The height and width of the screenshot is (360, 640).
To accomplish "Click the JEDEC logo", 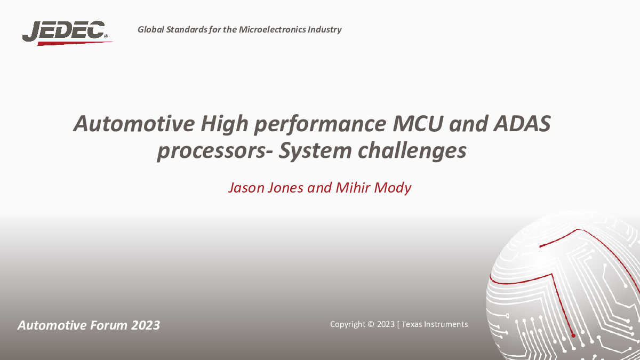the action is pos(67,33).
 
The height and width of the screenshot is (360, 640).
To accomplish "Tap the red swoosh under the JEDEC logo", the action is pos(75,43).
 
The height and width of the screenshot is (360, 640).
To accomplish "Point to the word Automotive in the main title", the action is pos(134,123).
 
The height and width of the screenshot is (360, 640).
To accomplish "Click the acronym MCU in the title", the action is pos(418,123).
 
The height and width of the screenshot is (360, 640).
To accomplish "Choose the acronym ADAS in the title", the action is pos(522,123).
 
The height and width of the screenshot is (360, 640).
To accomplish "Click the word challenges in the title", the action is pos(412,151).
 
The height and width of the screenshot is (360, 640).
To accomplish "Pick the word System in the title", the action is pos(315,151).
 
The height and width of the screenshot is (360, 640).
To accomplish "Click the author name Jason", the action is pos(246,188).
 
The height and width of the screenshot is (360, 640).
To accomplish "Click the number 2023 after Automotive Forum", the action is pos(146,325).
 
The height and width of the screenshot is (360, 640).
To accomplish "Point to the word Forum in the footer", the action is pos(109,325).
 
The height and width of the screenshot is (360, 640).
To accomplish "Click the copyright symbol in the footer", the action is pos(371,324).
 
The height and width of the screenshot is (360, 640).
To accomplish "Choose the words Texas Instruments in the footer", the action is pos(435,324).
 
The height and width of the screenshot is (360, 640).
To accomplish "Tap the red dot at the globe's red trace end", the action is pos(573,335).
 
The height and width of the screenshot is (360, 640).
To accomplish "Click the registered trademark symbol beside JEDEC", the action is pos(106,36).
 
